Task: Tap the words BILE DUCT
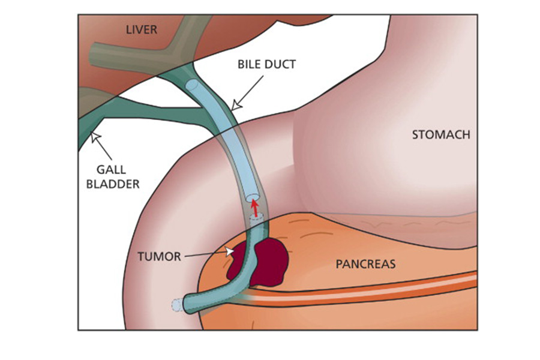click(x=267, y=64)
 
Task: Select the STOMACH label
click(x=440, y=135)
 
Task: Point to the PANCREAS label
click(x=365, y=263)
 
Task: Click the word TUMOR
click(x=159, y=257)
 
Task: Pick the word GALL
click(x=110, y=170)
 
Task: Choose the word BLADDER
click(x=112, y=184)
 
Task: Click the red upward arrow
click(x=254, y=208)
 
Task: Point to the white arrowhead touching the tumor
click(x=228, y=252)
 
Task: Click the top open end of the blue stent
click(x=191, y=85)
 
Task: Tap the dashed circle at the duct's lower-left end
click(x=176, y=305)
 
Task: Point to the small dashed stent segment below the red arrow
click(x=256, y=220)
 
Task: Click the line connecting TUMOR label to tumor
click(x=204, y=256)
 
